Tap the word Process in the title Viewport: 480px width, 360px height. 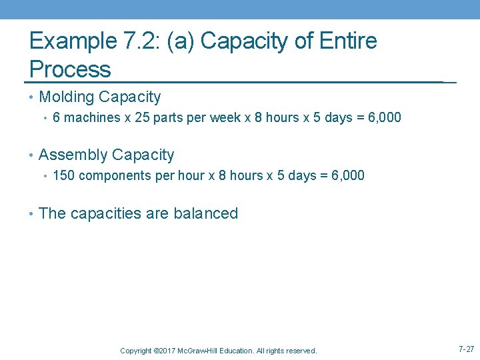[70, 69]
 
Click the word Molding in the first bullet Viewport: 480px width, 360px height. [67, 97]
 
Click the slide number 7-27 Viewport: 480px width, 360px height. [466, 349]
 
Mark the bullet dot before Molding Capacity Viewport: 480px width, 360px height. [32, 97]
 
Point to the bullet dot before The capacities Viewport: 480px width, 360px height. [32, 214]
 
